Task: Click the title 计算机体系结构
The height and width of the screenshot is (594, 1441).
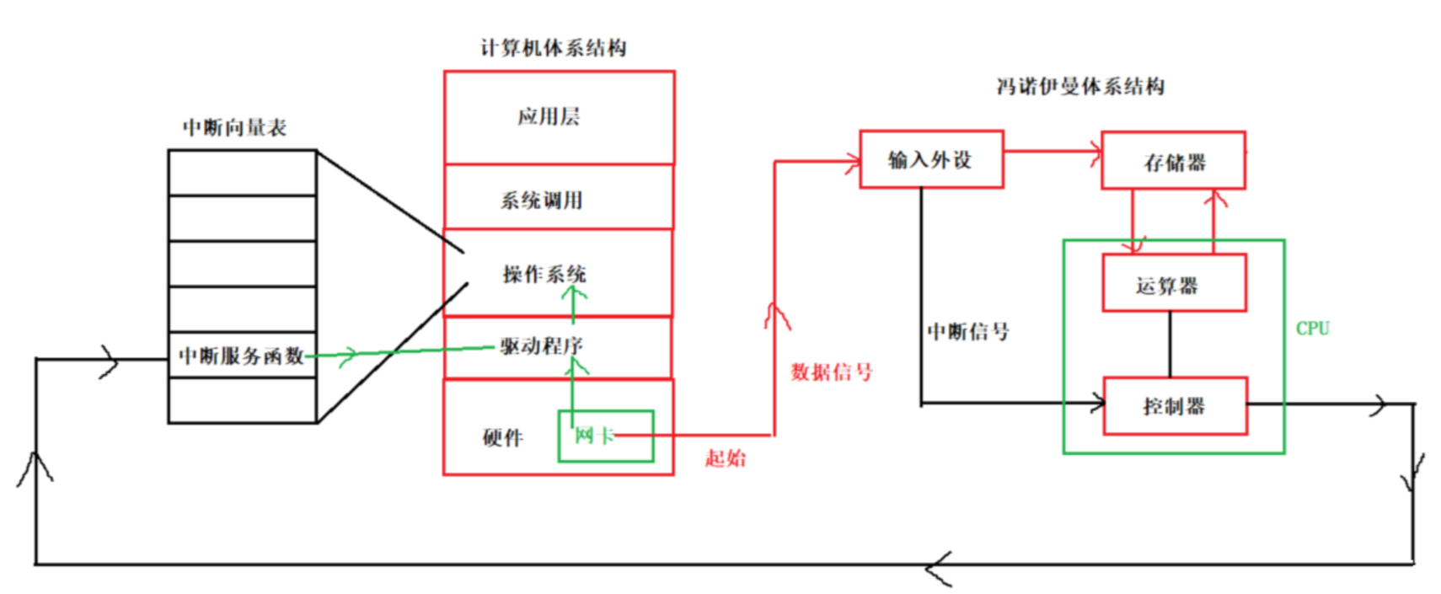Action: [x=554, y=48]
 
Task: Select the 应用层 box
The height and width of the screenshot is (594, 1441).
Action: [x=559, y=117]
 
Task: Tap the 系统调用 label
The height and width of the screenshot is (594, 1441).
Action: [x=542, y=201]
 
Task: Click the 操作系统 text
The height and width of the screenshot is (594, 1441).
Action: [x=544, y=274]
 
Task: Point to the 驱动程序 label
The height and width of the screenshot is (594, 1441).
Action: [x=541, y=345]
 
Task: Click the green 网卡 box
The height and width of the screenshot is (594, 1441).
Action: [x=605, y=436]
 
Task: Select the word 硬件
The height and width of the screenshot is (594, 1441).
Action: [x=503, y=437]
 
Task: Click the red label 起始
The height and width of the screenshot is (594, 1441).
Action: [x=725, y=458]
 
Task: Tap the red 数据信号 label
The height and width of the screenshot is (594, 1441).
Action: [x=831, y=372]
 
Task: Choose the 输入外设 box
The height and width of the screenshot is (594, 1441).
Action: [x=930, y=159]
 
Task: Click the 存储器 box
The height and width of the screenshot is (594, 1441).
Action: [x=1173, y=161]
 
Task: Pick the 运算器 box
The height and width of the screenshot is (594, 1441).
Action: [x=1173, y=284]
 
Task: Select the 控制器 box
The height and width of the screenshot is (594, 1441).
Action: [x=1174, y=406]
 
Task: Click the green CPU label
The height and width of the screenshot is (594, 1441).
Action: [x=1312, y=329]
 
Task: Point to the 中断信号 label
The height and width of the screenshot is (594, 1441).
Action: [x=967, y=331]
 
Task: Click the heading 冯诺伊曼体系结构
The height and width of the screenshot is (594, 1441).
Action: [x=1080, y=86]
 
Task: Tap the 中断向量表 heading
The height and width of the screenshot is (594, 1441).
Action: [x=234, y=127]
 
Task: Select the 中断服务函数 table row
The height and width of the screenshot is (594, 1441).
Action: [x=242, y=356]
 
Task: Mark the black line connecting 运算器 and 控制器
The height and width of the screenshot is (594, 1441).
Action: [x=1170, y=344]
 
